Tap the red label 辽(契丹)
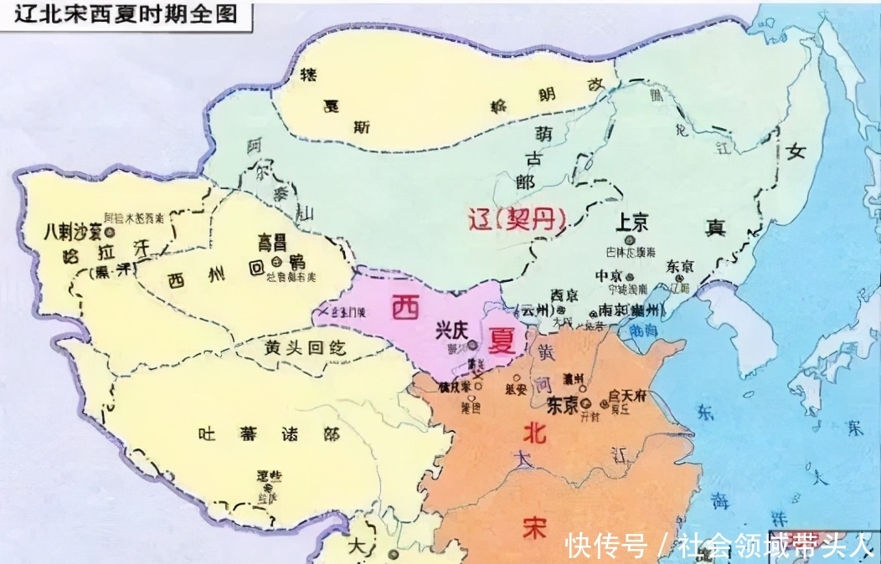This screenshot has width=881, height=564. click(x=517, y=219)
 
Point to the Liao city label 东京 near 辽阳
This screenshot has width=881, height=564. click(x=680, y=266)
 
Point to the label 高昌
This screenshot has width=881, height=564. click(x=275, y=242)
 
